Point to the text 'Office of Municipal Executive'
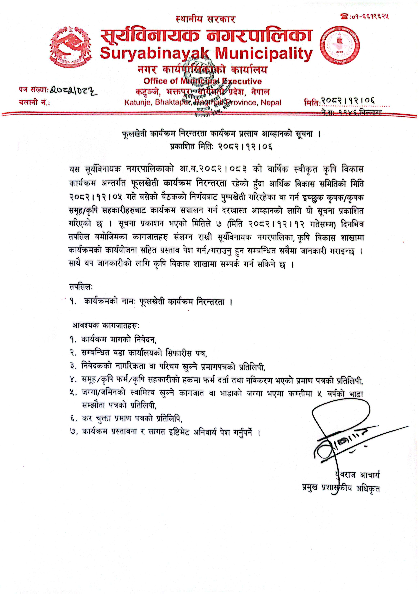[x=202, y=81]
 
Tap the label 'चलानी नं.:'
[x=34, y=103]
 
